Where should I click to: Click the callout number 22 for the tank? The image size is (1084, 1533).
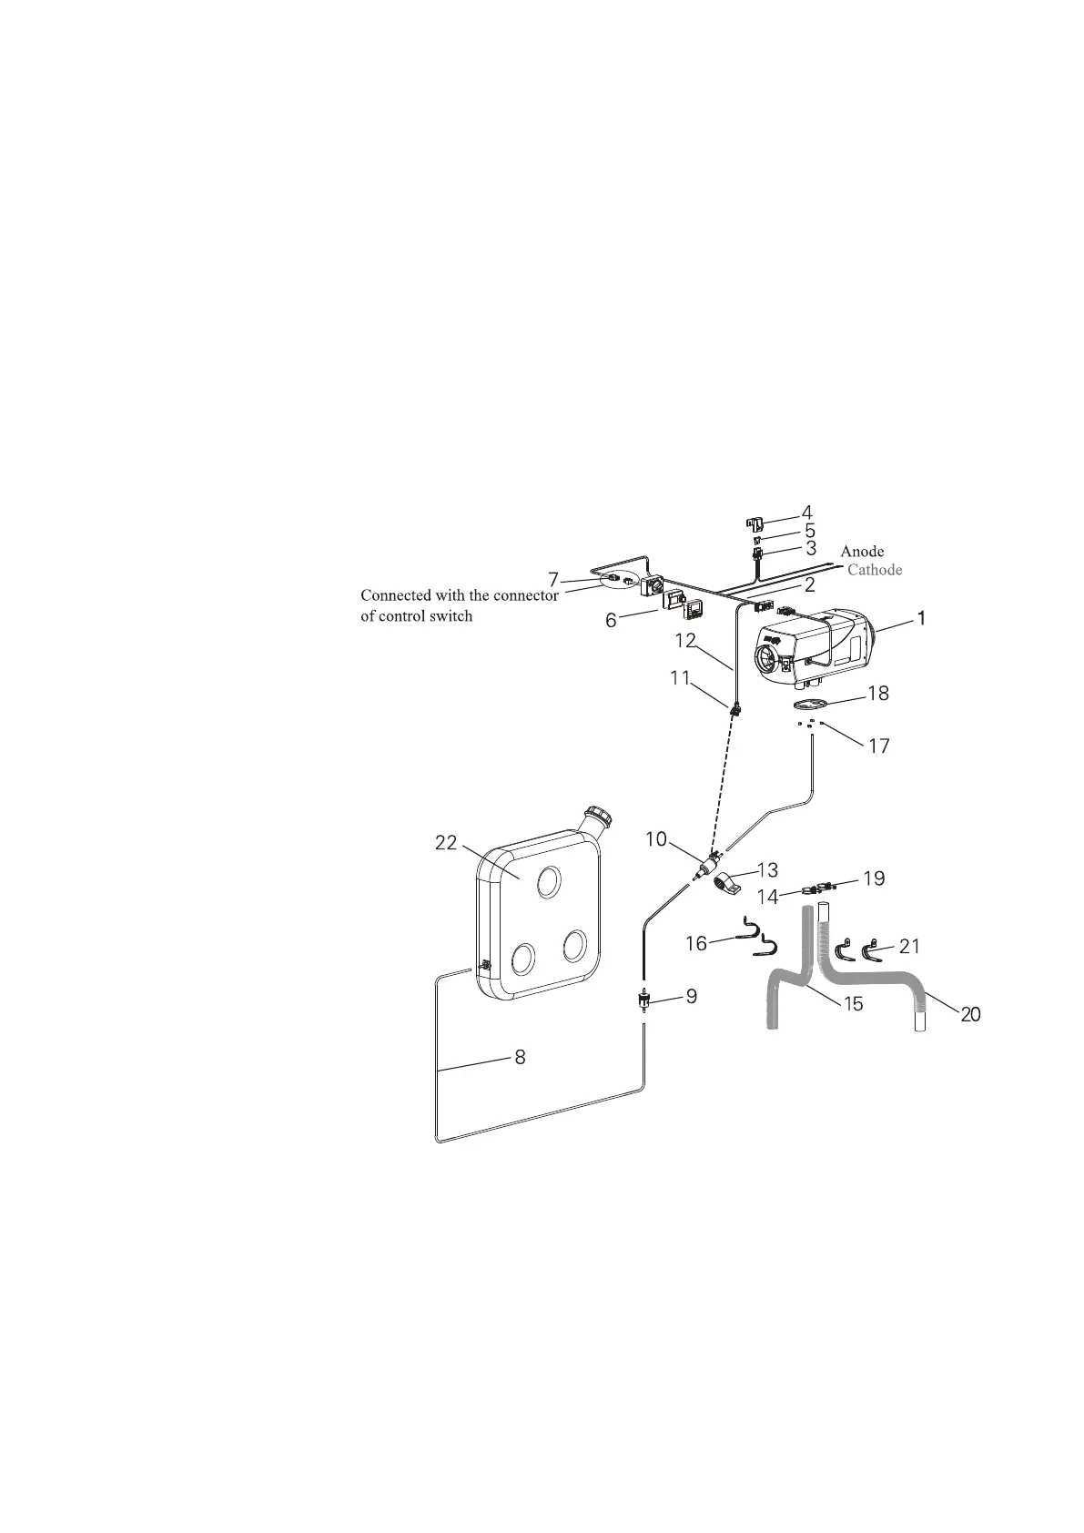(446, 843)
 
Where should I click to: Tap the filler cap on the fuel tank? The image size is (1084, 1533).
(599, 814)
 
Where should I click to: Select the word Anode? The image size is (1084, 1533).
(861, 552)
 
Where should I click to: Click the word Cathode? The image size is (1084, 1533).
(874, 570)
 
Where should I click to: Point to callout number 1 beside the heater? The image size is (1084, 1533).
(921, 618)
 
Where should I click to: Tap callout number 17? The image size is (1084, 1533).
(878, 746)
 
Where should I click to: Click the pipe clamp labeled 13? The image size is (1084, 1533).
(726, 882)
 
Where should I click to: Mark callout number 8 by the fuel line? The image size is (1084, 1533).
(520, 1058)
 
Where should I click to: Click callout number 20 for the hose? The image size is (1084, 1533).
(970, 1014)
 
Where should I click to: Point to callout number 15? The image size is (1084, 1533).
(853, 1004)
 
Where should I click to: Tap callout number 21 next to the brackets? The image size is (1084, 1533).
(909, 947)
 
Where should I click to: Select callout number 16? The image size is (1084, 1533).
(696, 944)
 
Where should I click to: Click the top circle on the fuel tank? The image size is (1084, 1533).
(548, 881)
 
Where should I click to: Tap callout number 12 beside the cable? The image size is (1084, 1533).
(685, 641)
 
